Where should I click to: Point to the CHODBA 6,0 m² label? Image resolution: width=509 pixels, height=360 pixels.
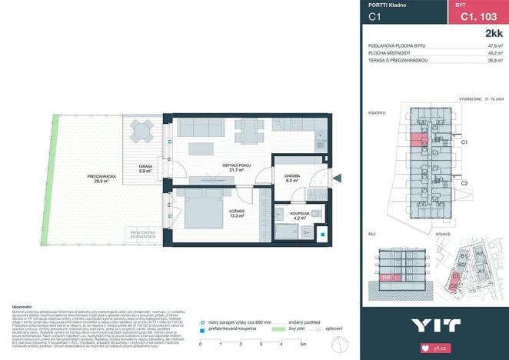(293, 178)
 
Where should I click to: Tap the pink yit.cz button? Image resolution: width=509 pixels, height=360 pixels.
(474, 348)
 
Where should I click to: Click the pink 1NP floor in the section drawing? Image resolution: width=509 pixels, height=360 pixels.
(386, 275)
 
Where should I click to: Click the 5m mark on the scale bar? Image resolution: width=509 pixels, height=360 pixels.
(304, 343)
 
